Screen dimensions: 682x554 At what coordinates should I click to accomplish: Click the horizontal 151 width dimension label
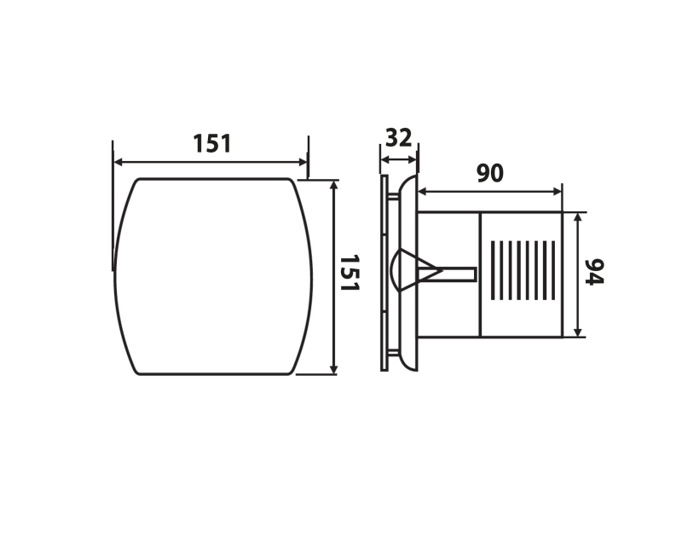point(211,143)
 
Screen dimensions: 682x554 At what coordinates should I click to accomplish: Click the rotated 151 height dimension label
point(350,273)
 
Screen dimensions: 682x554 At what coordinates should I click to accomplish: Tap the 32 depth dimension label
point(398,138)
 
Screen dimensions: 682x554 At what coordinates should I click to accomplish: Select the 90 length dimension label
point(489,173)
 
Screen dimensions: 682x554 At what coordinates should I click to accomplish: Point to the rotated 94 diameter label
point(594,272)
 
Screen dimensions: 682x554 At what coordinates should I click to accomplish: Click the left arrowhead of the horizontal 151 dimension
point(118,163)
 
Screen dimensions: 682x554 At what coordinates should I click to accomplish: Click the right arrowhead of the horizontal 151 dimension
point(303,163)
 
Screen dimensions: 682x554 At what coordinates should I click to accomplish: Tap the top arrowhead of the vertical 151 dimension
point(333,185)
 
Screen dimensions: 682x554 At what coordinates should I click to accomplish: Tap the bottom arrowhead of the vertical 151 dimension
point(333,369)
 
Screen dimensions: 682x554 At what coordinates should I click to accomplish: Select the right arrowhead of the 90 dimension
point(557,191)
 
